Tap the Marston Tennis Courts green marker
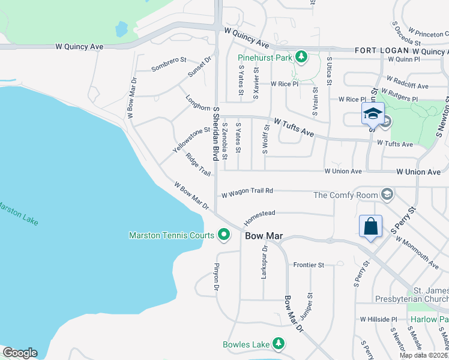tap(224, 235)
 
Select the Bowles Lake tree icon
tap(279, 344)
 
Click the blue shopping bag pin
tap(370, 227)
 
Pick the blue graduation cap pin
tap(373, 112)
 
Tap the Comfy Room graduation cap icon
tap(388, 194)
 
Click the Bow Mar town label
tap(264, 236)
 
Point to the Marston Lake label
tap(18, 212)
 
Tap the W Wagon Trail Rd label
tap(247, 193)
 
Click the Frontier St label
tap(308, 265)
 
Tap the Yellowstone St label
tap(191, 139)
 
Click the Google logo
tap(20, 353)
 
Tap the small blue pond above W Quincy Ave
tap(122, 28)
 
